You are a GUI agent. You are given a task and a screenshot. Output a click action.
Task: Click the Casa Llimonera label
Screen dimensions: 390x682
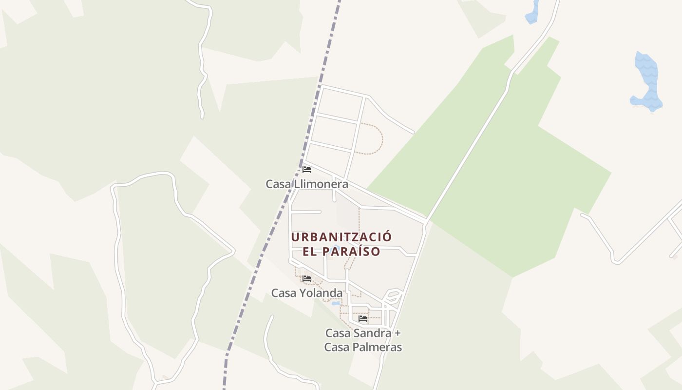pos(306,184)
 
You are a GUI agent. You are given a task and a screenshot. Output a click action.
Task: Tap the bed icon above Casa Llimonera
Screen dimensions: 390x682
pos(307,170)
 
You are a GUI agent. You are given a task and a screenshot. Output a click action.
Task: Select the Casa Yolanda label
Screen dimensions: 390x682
pos(306,293)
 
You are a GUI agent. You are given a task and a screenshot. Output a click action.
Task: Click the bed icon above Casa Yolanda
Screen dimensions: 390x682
pos(307,279)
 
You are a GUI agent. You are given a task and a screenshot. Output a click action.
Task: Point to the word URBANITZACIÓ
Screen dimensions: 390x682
pos(341,237)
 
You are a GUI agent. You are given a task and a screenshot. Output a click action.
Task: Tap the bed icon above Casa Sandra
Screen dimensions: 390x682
pos(363,319)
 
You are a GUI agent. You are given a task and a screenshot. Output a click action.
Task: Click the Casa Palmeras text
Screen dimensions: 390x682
pos(363,347)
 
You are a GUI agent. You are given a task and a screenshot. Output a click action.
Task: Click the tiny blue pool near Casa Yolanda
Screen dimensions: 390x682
pos(336,303)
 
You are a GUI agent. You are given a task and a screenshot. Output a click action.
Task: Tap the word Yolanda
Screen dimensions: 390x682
pos(324,293)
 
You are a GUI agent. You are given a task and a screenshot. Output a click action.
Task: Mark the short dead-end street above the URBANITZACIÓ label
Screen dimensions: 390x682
pos(306,212)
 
